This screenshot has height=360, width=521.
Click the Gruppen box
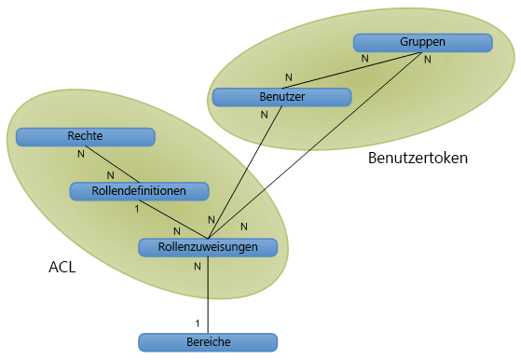422,42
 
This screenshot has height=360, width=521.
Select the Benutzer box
281,96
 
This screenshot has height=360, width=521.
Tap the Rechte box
85,136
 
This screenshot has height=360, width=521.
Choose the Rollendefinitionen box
140,190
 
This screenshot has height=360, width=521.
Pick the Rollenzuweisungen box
209,246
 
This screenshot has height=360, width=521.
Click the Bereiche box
208,341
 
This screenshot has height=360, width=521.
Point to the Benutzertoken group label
418,158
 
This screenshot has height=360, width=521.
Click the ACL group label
62,268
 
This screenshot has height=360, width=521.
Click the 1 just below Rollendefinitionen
137,209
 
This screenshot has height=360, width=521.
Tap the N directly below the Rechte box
80,153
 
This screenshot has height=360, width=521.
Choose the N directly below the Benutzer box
264,115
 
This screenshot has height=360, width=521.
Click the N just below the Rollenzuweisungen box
197,266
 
